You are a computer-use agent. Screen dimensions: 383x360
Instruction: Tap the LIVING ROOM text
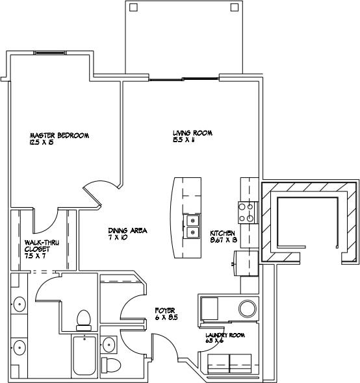point(192,133)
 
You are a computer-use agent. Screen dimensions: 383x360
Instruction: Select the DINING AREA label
point(127,230)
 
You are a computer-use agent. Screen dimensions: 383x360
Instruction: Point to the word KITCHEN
point(223,233)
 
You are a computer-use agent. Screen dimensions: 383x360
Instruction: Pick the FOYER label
point(166,310)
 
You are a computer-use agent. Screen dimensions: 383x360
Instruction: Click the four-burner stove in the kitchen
point(248,213)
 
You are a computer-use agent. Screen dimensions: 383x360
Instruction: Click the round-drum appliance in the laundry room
point(248,308)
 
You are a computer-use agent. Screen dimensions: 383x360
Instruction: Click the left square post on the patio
point(133,8)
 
